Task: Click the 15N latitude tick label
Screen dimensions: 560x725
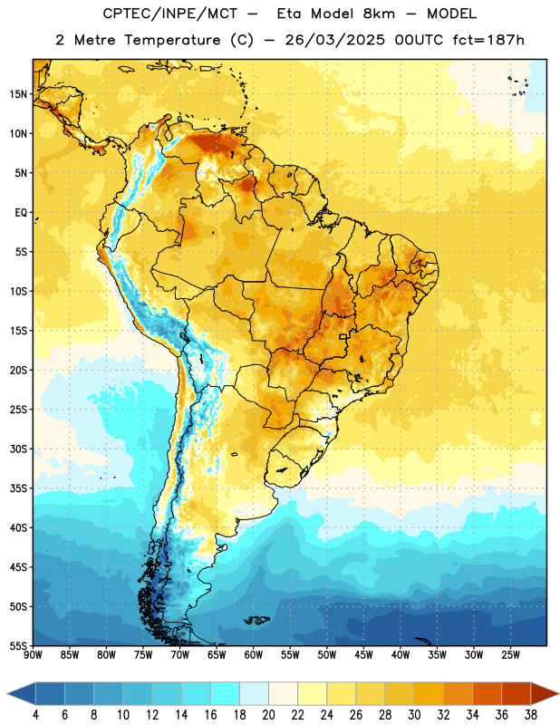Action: [x=18, y=94]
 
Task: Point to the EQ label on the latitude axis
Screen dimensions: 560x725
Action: [x=21, y=213]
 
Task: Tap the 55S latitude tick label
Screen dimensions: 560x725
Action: [x=18, y=645]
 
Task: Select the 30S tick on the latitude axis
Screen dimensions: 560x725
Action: [x=18, y=449]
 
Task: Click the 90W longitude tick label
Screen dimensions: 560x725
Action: [x=33, y=654]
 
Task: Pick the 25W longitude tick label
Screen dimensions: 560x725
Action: [x=510, y=654]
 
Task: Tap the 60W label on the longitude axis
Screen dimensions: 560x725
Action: [x=254, y=654]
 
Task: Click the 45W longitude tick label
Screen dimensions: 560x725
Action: [x=363, y=654]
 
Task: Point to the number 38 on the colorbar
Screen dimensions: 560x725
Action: [x=531, y=715]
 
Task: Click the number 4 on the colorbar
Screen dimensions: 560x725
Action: [x=35, y=715]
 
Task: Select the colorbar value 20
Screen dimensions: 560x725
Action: [x=268, y=715]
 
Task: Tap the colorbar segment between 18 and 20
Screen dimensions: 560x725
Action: [x=255, y=694]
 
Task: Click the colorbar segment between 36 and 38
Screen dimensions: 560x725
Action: [x=517, y=694]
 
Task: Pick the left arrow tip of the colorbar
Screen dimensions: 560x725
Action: [x=7, y=694]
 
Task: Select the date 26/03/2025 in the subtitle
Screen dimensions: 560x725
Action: [x=334, y=40]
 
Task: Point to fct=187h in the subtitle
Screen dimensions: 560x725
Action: [x=488, y=40]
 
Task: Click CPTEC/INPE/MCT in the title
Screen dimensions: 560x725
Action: [x=169, y=14]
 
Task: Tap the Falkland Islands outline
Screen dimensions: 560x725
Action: [x=256, y=620]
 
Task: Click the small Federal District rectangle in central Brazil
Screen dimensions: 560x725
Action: [x=343, y=336]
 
